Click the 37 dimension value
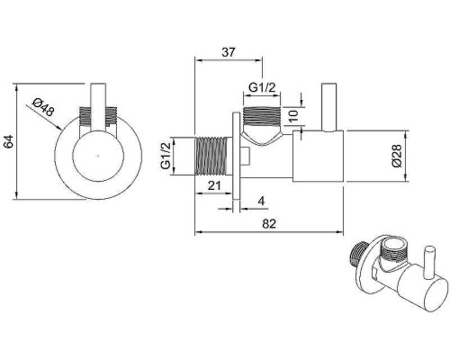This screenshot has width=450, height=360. (x=228, y=52)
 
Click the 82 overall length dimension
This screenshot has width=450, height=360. (x=269, y=223)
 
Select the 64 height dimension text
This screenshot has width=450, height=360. (x=9, y=141)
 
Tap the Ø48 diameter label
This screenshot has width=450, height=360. (x=44, y=107)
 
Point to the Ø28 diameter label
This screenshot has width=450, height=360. (x=397, y=156)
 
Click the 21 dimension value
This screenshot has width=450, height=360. (x=214, y=185)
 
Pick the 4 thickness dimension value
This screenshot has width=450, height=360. (x=262, y=201)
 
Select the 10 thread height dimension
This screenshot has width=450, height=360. (x=294, y=116)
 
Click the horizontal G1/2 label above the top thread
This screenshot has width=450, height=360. (x=262, y=87)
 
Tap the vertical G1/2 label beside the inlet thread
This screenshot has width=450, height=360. (x=166, y=156)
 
